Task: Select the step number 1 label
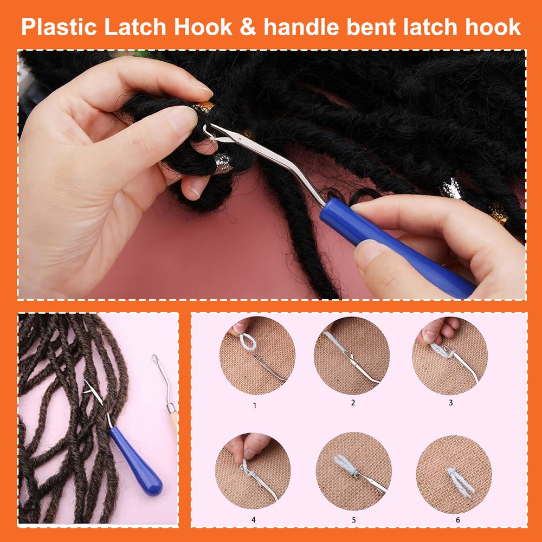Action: [x=255, y=405]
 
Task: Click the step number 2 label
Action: [x=353, y=402]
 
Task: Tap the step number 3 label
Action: [x=450, y=402]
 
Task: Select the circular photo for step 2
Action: [x=352, y=355]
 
